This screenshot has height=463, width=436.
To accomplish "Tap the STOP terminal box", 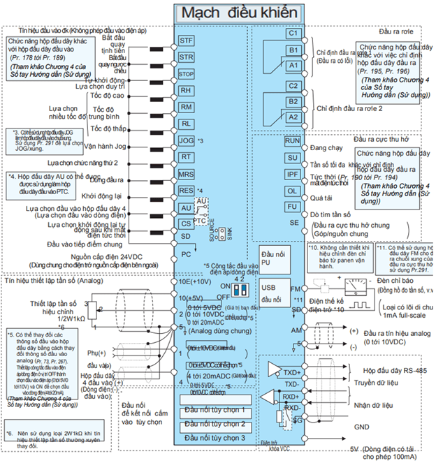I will [x=186, y=74].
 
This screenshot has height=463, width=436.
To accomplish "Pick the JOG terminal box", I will [x=186, y=140].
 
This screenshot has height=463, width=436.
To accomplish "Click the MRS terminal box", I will [x=186, y=174].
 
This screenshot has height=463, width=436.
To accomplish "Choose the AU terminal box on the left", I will [x=186, y=207].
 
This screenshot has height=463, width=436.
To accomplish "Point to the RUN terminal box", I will [x=292, y=140].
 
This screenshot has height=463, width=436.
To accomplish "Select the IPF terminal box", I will [x=292, y=174].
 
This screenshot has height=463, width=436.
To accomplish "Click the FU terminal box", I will [x=292, y=207].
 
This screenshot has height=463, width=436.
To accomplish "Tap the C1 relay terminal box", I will [x=293, y=34].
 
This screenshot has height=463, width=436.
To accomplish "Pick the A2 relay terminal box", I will [x=293, y=117].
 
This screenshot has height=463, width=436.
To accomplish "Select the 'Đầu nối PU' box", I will [x=272, y=256].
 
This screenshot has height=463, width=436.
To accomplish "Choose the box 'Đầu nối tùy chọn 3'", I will [x=215, y=437].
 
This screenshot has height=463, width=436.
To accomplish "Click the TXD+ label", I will [x=293, y=372].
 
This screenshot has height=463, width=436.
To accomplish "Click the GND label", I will [x=363, y=425].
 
